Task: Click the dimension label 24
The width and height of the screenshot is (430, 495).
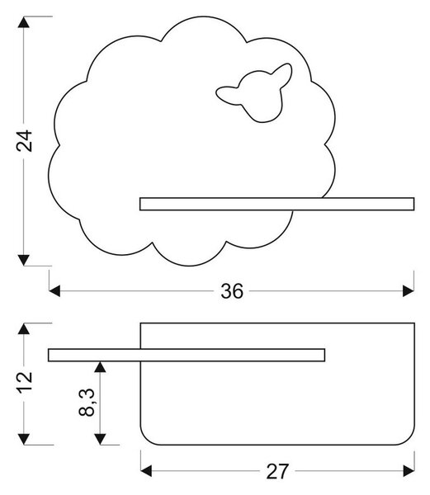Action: click(x=24, y=141)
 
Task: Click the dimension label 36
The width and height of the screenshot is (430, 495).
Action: click(x=232, y=291)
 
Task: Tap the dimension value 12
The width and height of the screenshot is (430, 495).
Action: click(x=24, y=383)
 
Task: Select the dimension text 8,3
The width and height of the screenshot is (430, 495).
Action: click(x=87, y=403)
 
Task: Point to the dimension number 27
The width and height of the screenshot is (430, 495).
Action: click(x=277, y=472)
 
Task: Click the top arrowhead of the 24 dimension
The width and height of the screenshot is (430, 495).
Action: click(x=24, y=22)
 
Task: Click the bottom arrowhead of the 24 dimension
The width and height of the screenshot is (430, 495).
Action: click(x=24, y=260)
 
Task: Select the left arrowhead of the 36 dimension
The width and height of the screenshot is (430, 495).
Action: click(x=54, y=291)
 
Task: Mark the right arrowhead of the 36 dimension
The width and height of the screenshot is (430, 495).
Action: click(x=409, y=291)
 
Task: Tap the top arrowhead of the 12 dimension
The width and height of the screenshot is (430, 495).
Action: click(x=24, y=328)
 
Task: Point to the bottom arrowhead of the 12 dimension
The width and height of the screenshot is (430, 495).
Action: click(x=24, y=439)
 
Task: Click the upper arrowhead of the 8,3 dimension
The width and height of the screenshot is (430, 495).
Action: click(x=100, y=367)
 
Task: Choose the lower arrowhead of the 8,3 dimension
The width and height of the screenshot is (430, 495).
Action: click(x=100, y=439)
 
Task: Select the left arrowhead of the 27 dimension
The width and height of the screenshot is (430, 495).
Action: click(x=146, y=471)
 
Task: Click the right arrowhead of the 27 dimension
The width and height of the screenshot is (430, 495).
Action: click(x=409, y=471)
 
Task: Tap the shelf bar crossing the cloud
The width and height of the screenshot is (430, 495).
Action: click(x=276, y=204)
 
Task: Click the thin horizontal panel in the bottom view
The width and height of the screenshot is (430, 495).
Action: click(x=187, y=355)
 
